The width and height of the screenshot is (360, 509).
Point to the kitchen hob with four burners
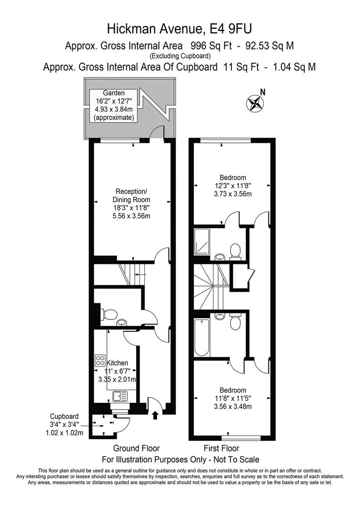[x=100, y=361]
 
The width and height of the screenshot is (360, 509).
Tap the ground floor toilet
[x=109, y=314]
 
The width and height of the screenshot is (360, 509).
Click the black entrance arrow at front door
[x=155, y=415]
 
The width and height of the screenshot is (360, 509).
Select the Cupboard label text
[x=65, y=416]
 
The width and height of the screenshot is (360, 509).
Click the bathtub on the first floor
[x=201, y=337]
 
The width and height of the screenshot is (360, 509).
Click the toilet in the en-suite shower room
[x=235, y=250]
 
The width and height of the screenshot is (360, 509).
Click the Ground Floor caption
[x=136, y=448]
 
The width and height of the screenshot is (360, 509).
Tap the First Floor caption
[x=221, y=448]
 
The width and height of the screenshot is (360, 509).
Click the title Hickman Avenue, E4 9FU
[x=180, y=30]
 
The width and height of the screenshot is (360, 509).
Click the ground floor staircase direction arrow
[x=141, y=273]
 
